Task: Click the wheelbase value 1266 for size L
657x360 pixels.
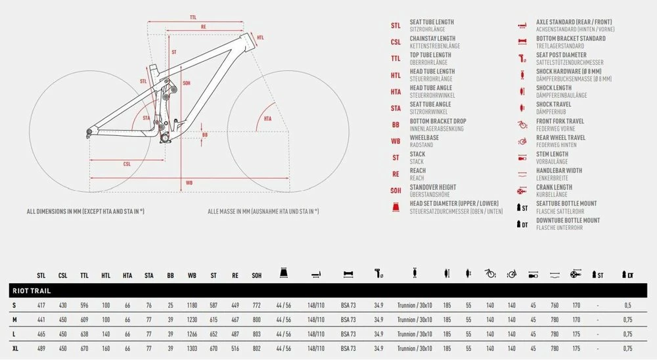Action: [x=192, y=334]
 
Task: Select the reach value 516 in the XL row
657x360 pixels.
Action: [x=235, y=348]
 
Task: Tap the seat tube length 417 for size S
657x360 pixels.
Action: [x=41, y=305]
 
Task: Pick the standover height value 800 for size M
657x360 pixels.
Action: [x=256, y=320]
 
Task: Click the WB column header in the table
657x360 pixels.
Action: [x=192, y=275]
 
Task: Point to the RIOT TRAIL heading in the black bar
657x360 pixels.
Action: [x=32, y=291]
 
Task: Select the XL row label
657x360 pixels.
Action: [x=15, y=348]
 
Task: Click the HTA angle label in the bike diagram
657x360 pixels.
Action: [x=268, y=119]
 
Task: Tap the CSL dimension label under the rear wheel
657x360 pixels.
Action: [x=127, y=164]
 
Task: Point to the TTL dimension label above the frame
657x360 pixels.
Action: [x=193, y=17]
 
